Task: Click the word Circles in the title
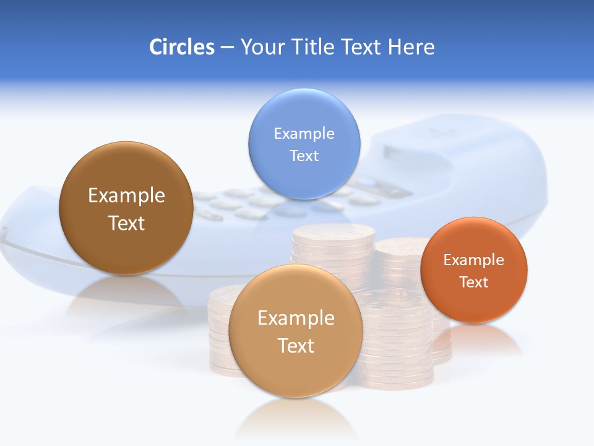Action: click(x=181, y=47)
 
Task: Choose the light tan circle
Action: click(x=296, y=372)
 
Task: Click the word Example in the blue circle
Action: click(x=304, y=133)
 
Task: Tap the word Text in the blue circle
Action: click(x=304, y=155)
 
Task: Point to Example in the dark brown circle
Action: click(x=126, y=195)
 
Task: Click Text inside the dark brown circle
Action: click(x=126, y=223)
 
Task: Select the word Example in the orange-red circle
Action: click(x=474, y=260)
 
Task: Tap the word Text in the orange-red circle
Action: click(x=474, y=282)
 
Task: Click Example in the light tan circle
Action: click(x=296, y=318)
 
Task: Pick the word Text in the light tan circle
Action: click(x=296, y=346)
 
